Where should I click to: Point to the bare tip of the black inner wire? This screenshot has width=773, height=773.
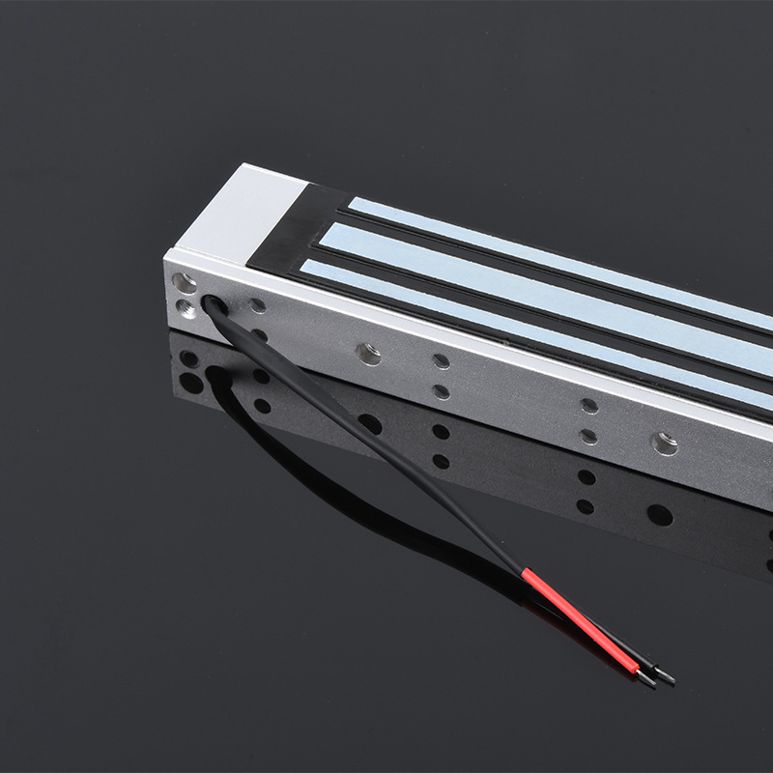click(666, 678)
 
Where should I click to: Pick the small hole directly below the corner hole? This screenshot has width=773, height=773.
click(184, 307)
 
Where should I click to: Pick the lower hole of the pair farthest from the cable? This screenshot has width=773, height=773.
click(588, 436)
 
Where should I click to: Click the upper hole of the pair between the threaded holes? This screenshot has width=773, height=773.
click(442, 361)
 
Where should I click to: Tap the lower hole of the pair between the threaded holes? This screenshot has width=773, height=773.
click(442, 391)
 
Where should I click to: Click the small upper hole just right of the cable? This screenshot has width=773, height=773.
click(257, 306)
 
